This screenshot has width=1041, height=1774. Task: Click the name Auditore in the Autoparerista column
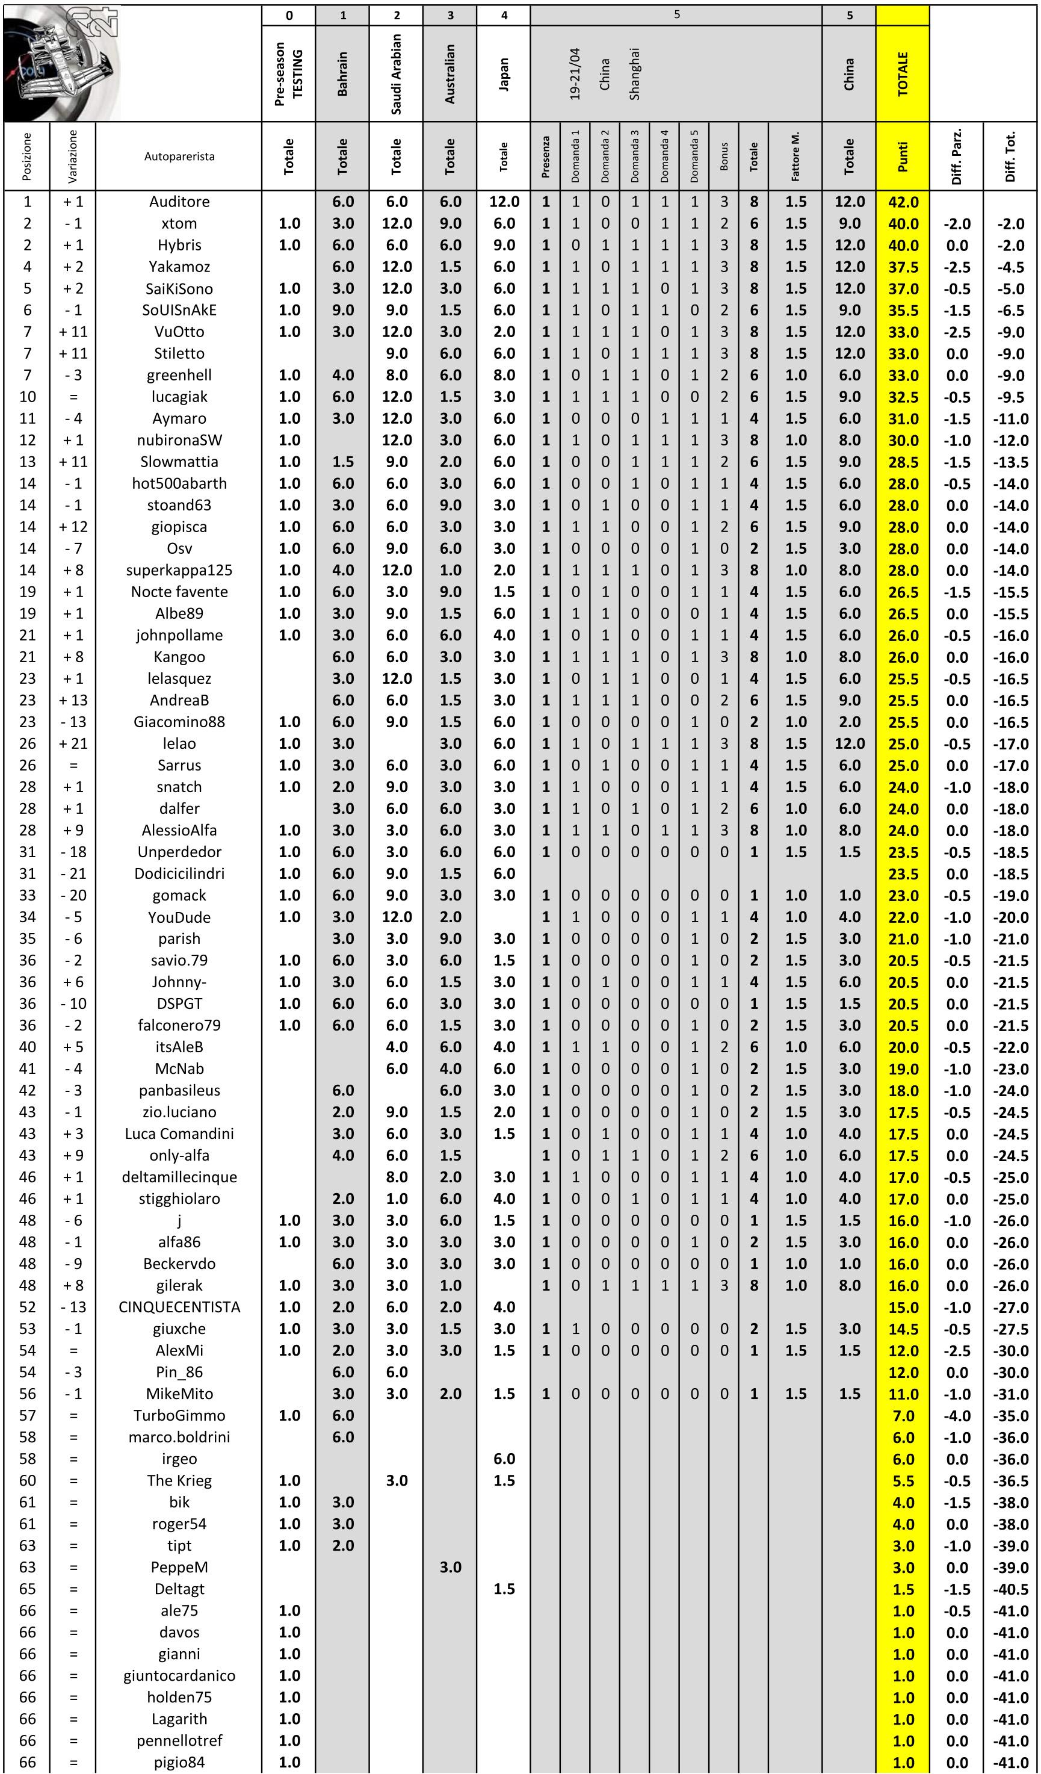179,202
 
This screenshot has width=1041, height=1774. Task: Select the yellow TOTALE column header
903,73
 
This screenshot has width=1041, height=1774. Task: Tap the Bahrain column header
343,73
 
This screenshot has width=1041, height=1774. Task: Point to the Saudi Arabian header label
397,73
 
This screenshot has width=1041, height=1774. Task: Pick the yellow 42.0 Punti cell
903,202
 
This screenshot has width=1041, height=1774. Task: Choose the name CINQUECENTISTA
179,1307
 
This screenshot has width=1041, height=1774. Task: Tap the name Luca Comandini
179,1134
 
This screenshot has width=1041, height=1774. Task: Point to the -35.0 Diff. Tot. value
1011,1416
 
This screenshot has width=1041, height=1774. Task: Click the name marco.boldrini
179,1437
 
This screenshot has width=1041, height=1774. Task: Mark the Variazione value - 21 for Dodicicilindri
73,873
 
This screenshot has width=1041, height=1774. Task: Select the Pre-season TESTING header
289,73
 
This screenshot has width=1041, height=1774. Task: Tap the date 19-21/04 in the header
575,73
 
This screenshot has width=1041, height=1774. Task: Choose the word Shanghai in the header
635,73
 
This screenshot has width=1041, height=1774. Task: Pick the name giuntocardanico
179,1675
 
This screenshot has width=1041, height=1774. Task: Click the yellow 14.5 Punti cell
903,1329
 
